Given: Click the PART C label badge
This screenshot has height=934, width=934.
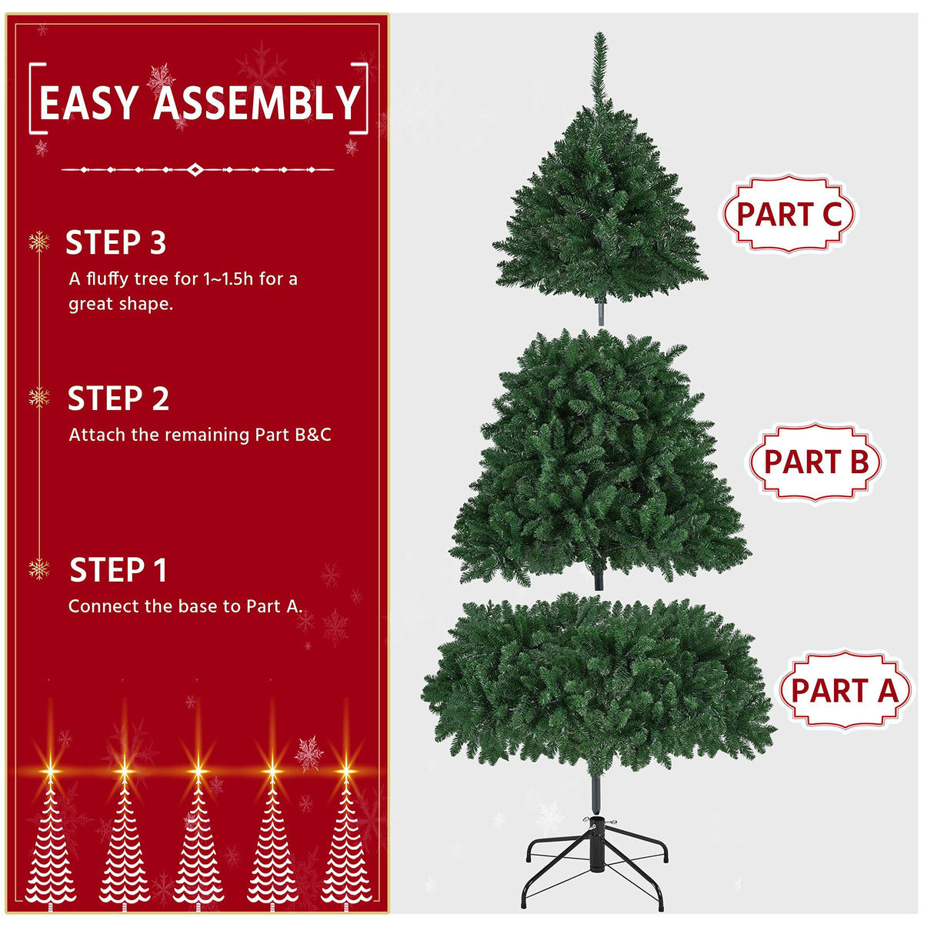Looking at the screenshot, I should (789, 214).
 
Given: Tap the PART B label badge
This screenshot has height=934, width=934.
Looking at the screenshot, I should (816, 462).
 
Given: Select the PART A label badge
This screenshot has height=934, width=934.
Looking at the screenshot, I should (844, 690).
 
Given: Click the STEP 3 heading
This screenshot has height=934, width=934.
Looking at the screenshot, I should (115, 243).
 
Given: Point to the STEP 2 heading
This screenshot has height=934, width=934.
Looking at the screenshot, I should (118, 399).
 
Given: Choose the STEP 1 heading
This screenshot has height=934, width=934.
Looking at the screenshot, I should (118, 571).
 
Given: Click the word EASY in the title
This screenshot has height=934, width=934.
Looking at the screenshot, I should (89, 104).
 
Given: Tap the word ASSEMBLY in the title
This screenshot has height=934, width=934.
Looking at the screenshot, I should (257, 104).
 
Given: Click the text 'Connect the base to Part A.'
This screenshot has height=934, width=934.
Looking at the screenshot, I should (185, 606).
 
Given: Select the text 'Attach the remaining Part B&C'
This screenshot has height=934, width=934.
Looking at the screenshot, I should (200, 435).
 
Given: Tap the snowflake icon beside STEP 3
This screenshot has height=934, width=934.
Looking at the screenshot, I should (38, 242).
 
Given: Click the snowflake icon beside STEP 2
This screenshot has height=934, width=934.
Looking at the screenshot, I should (38, 398).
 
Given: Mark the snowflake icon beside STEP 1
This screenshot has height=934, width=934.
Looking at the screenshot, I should (38, 569).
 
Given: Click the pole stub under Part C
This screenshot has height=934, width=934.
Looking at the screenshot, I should (600, 312).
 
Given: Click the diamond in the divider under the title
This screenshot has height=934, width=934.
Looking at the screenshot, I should (196, 169).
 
